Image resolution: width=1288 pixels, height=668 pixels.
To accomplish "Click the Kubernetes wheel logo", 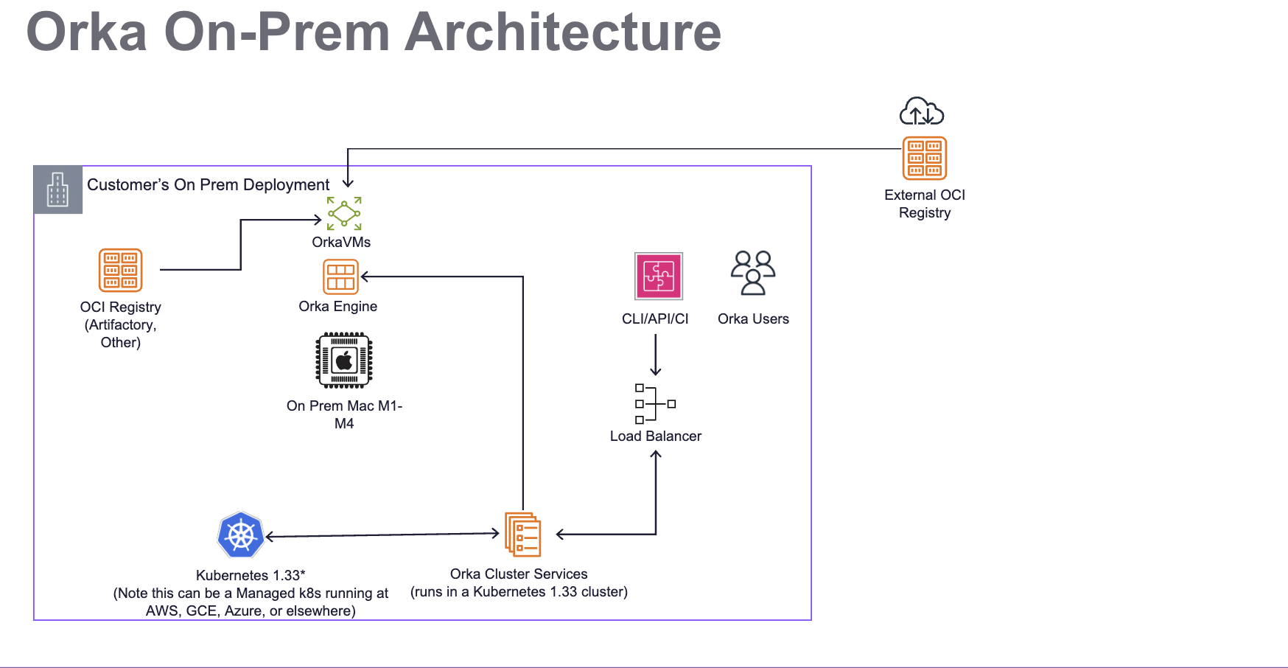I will (x=241, y=535).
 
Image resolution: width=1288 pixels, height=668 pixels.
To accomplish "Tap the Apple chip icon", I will (x=344, y=361).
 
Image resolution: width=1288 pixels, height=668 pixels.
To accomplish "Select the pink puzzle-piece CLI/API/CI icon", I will (x=659, y=276).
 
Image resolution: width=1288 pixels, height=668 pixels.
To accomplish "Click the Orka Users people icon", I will (x=753, y=273).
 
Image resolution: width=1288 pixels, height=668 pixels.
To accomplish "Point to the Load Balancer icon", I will (x=655, y=403).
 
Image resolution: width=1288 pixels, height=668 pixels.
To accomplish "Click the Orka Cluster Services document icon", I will (x=522, y=535).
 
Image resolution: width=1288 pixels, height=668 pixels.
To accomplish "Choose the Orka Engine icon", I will (x=340, y=277).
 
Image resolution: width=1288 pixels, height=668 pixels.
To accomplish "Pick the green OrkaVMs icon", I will (x=344, y=214).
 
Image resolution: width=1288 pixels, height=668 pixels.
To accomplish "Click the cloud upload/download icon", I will (x=922, y=111).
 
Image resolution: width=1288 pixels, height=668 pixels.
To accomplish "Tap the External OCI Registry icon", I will (x=925, y=159).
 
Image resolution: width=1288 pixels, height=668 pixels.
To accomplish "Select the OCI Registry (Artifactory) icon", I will (x=121, y=271).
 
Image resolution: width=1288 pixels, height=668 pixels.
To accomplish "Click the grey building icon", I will (x=57, y=189).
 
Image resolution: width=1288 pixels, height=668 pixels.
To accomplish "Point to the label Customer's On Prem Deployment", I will (x=208, y=185).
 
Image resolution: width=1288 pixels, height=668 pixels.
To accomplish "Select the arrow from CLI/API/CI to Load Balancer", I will (x=656, y=355).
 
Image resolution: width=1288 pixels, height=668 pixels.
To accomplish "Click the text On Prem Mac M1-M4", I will (x=344, y=414).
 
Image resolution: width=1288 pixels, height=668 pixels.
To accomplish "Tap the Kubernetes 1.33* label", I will (x=251, y=575).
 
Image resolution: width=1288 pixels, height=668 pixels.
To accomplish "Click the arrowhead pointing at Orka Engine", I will (x=364, y=276).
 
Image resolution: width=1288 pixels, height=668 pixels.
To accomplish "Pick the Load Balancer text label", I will (x=655, y=436).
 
